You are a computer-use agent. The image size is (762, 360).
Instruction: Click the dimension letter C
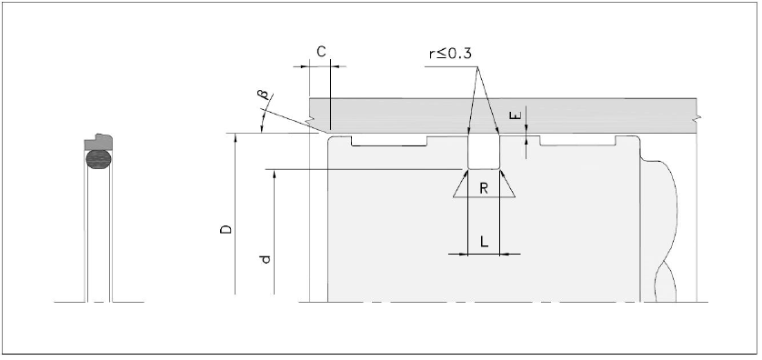pyautogui.click(x=321, y=52)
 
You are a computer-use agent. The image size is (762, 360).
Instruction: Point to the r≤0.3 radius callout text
pyautogui.click(x=450, y=53)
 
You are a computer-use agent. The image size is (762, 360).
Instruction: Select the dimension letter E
pyautogui.click(x=516, y=115)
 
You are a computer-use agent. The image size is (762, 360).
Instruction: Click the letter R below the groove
pyautogui.click(x=484, y=188)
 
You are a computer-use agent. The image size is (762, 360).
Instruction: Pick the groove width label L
pyautogui.click(x=484, y=242)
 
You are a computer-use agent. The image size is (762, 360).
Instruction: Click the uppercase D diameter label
pyautogui.click(x=226, y=230)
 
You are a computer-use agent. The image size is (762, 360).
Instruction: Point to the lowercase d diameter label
pyautogui.click(x=266, y=259)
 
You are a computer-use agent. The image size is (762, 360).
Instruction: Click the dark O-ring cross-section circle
pyautogui.click(x=98, y=159)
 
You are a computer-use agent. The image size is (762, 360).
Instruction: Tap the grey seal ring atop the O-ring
pyautogui.click(x=98, y=143)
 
